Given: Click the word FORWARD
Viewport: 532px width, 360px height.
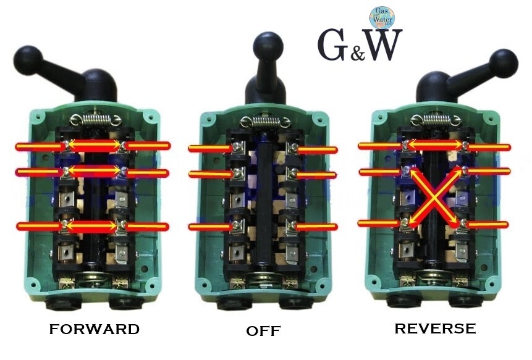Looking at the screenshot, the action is (95, 329).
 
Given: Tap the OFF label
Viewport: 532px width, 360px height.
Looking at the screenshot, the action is (264, 331).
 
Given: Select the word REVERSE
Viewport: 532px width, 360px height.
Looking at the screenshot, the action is (435, 328).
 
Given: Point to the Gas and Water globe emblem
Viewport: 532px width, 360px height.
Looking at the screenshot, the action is (383, 19).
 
